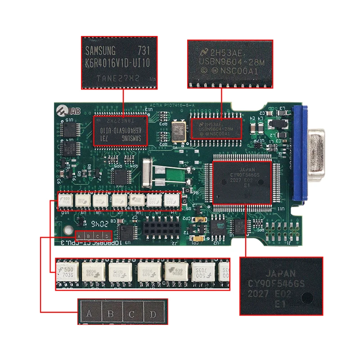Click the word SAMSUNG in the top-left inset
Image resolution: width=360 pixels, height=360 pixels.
[100, 49]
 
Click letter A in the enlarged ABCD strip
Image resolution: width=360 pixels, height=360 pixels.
[89, 314]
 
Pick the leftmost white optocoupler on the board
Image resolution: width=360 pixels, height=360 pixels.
[65, 201]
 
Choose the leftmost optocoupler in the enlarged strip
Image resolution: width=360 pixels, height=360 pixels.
[67, 272]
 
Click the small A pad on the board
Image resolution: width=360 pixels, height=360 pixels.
[80, 236]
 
